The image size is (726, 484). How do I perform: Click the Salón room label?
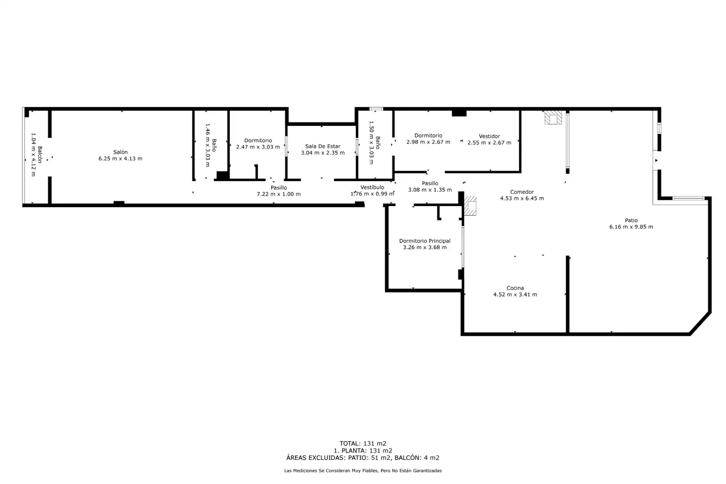coord(120,152)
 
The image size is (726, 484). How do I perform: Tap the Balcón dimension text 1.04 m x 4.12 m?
coord(33,155)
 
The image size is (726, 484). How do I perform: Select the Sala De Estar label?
coord(323,147)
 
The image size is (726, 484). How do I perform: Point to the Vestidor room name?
coord(489,137)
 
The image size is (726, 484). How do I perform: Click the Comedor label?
coord(522,192)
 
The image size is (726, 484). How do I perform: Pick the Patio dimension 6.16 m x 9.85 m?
coord(631,227)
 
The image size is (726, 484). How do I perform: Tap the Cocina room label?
coord(515,288)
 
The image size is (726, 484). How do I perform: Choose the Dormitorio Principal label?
coord(424,241)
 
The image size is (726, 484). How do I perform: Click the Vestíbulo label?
coord(372,187)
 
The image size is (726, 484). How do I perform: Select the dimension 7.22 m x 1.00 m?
coord(278,194)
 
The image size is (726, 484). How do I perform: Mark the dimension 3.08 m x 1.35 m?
coord(430,190)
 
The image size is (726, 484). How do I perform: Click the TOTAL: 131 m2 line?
coord(363,444)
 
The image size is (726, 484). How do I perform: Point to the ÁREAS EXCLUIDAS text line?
coord(363,458)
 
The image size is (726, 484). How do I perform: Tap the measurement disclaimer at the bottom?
coord(363,471)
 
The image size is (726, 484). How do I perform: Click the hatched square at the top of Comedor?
coord(553,118)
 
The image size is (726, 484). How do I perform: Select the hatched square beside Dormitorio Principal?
coord(470,206)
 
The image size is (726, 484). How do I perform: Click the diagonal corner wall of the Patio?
coord(700,324)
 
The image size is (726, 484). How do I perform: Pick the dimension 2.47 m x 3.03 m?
coord(258,147)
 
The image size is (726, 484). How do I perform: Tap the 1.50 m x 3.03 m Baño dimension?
coord(372,143)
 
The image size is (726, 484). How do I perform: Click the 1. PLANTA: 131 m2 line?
coord(363,450)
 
